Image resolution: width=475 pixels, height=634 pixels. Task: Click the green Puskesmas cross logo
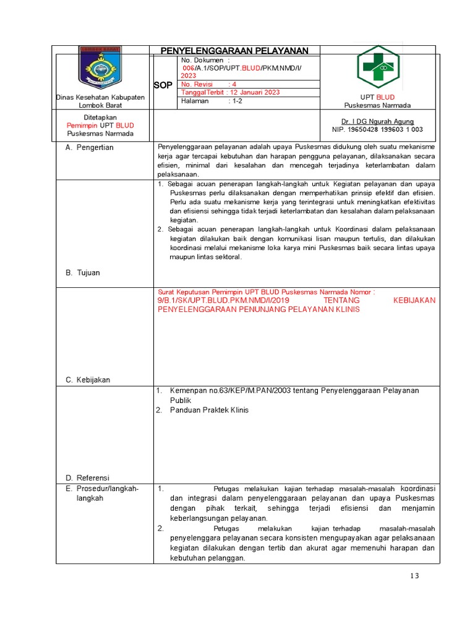click(x=378, y=66)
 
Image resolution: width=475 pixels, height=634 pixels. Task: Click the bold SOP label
click(x=163, y=85)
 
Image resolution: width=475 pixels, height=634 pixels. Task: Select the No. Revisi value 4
click(x=234, y=84)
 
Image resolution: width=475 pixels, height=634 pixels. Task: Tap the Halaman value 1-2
click(x=237, y=100)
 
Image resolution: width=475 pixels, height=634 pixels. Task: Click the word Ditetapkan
click(x=100, y=117)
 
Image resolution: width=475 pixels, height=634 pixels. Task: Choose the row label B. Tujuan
click(x=83, y=272)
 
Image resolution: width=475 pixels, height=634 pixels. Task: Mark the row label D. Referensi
click(x=87, y=477)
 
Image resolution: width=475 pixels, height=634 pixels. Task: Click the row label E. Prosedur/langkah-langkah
click(x=102, y=493)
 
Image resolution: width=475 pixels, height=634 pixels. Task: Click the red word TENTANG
click(x=341, y=300)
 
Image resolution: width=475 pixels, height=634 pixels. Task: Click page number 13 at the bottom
click(x=414, y=576)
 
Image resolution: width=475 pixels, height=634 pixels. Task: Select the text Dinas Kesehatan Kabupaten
click(x=100, y=97)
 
